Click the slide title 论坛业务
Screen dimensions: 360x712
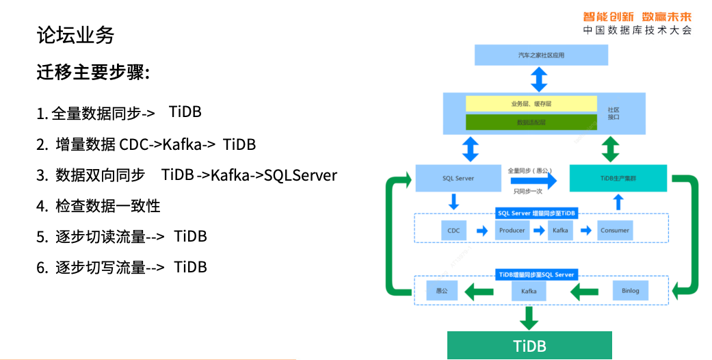pyautogui.click(x=75, y=35)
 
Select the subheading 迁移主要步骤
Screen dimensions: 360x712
pyautogui.click(x=93, y=73)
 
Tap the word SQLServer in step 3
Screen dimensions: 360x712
pyautogui.click(x=301, y=175)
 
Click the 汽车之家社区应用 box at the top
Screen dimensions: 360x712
pyautogui.click(x=541, y=55)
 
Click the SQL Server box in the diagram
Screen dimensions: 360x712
pyautogui.click(x=458, y=179)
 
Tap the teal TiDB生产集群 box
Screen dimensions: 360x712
pyautogui.click(x=618, y=179)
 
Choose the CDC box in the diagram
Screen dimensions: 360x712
pyautogui.click(x=453, y=231)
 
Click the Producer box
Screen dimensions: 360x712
pyautogui.click(x=512, y=231)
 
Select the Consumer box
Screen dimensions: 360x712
pyautogui.click(x=614, y=231)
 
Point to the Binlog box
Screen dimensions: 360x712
pyautogui.click(x=630, y=291)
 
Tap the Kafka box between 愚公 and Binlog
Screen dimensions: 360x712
pyautogui.click(x=529, y=291)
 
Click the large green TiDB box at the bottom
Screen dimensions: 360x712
pyautogui.click(x=530, y=345)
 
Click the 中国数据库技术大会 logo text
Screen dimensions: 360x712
pyautogui.click(x=637, y=31)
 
